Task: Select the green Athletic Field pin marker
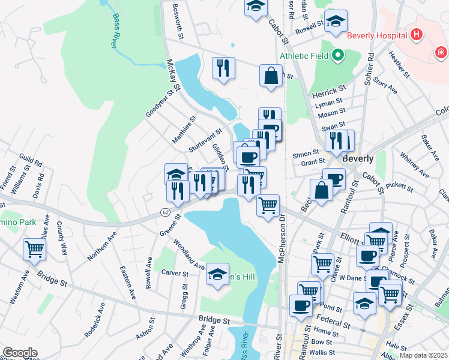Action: [337, 56]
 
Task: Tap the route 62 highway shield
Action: [164, 212]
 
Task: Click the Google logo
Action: [20, 353]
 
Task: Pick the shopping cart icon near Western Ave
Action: [34, 248]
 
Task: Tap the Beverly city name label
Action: [358, 159]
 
